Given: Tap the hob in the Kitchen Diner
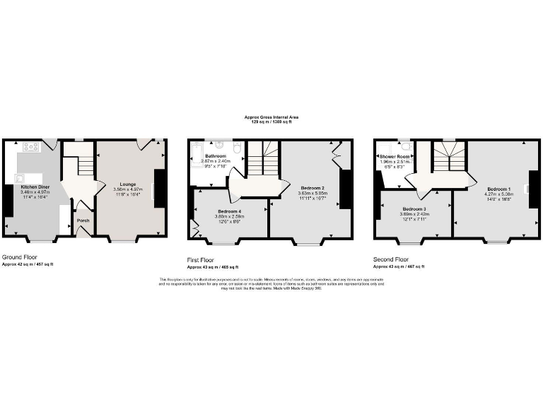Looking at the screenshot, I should tap(31, 147).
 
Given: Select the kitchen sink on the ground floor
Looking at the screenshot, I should tap(18, 178).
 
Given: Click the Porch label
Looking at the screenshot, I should tap(83, 220).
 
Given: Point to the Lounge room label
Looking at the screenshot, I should tap(127, 184).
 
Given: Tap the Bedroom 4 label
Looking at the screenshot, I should tap(229, 212).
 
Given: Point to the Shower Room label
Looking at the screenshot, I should tap(394, 156).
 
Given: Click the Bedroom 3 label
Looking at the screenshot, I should tap(414, 209).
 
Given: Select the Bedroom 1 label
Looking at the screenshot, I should tap(498, 189).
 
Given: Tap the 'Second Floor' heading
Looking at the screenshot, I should tap(390, 259).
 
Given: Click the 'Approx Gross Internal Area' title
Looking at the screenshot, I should tap(271, 118).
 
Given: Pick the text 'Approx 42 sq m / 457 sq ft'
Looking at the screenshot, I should tap(28, 264).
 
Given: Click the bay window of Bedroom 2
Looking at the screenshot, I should tap(307, 242).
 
